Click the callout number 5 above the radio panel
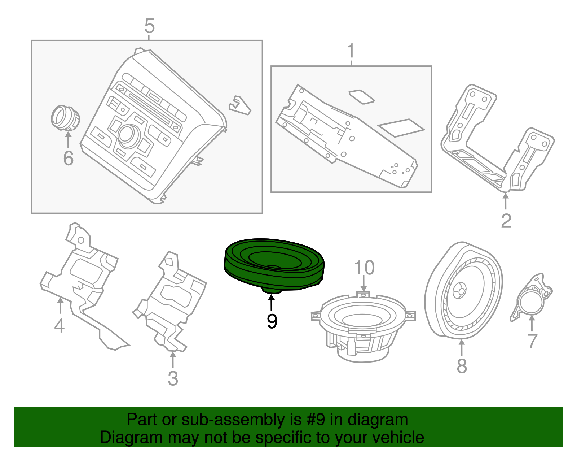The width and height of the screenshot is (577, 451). tap(149, 26)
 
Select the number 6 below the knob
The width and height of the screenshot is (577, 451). tap(68, 158)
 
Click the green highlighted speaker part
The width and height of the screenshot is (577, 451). tap(274, 264)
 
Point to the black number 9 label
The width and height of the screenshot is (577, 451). tap(272, 321)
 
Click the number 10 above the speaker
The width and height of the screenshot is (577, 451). tap(364, 268)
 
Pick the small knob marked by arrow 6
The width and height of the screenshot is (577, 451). tap(65, 117)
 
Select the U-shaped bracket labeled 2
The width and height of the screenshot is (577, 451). tap(498, 144)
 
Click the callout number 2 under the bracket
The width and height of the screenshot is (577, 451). tap(506, 221)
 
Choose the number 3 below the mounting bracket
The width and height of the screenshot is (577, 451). tap(173, 378)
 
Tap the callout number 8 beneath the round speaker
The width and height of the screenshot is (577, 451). tap(462, 365)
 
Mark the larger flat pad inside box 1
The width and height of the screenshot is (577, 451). tap(401, 127)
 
